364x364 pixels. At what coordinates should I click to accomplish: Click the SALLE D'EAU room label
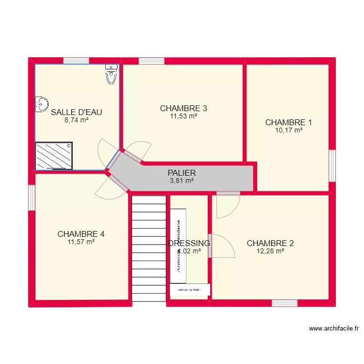(76, 112)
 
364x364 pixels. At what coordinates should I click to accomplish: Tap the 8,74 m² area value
(76, 120)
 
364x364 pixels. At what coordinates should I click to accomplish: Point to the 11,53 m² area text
(183, 116)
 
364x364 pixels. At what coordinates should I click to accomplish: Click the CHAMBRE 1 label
(288, 122)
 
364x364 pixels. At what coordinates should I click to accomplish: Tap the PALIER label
(182, 173)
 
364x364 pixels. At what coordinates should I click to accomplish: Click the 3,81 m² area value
(182, 181)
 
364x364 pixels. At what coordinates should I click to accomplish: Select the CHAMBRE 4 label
(81, 234)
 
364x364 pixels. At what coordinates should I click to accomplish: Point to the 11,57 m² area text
(81, 242)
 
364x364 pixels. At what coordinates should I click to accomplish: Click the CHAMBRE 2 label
(270, 243)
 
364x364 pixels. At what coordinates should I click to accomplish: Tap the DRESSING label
(189, 243)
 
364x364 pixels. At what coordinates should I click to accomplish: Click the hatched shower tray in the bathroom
(54, 156)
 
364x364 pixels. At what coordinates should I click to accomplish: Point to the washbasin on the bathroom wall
(41, 103)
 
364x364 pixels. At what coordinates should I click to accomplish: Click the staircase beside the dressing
(149, 248)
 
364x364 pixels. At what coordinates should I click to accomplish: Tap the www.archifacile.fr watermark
(334, 329)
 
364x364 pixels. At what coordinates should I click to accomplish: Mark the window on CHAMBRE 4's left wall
(32, 198)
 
